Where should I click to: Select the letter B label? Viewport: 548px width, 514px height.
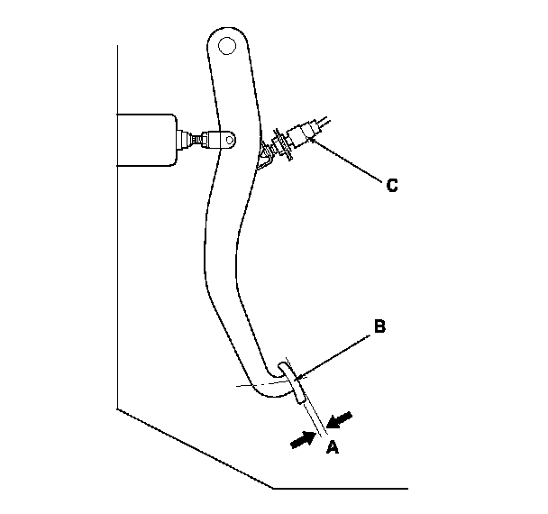point(379,326)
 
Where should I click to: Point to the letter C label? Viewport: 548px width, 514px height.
point(391,186)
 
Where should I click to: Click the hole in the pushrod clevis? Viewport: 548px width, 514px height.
point(230,138)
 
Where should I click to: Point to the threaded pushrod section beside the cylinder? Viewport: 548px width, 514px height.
point(187,140)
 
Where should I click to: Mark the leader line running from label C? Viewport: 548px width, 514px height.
point(352,162)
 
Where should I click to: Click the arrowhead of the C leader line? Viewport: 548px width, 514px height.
point(315,141)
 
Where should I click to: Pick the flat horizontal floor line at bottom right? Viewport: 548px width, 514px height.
point(406,488)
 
